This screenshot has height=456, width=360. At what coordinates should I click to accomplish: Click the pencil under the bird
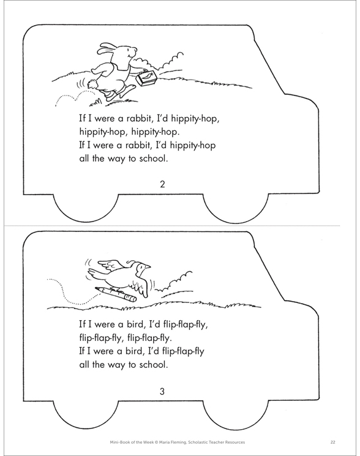click(x=116, y=294)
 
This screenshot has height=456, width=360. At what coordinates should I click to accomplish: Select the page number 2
click(x=162, y=184)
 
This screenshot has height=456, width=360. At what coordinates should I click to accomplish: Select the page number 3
click(x=162, y=392)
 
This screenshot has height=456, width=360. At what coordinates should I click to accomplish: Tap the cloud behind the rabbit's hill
click(x=170, y=61)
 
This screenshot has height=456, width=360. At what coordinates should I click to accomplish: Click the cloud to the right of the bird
click(x=179, y=280)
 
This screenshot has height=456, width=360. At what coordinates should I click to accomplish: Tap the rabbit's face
click(x=130, y=54)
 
